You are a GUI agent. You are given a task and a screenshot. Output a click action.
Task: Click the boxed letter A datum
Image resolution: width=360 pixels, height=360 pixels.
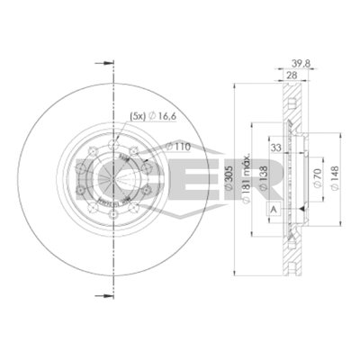click(x=273, y=210)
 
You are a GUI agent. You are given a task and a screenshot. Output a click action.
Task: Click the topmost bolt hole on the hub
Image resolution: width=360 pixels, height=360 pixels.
click(x=115, y=137)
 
